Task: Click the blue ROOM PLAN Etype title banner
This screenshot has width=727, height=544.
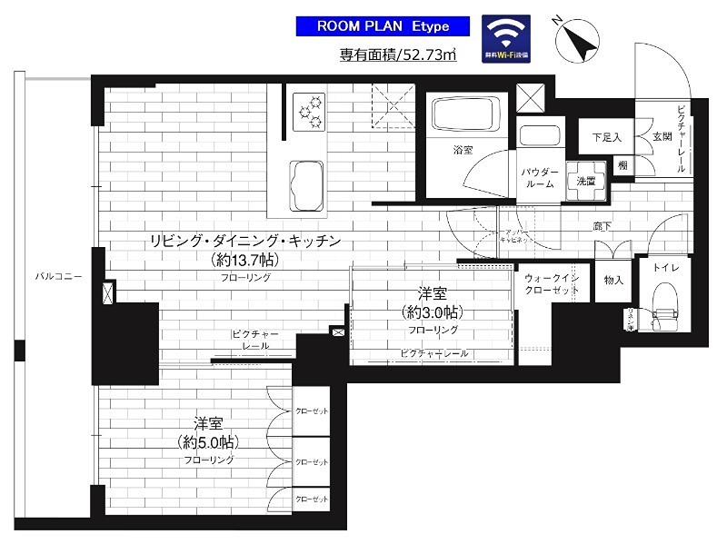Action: (383, 26)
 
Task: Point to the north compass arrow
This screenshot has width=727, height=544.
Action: (579, 39)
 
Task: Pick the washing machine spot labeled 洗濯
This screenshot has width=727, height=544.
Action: (585, 181)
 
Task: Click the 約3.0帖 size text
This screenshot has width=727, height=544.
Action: (432, 312)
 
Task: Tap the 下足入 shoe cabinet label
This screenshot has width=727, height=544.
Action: (605, 139)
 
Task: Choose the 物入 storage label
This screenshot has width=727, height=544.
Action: (613, 281)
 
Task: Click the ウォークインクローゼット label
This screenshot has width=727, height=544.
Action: (552, 283)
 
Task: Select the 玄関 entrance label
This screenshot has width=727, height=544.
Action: (661, 137)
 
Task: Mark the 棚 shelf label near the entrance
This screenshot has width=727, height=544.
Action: (622, 164)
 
